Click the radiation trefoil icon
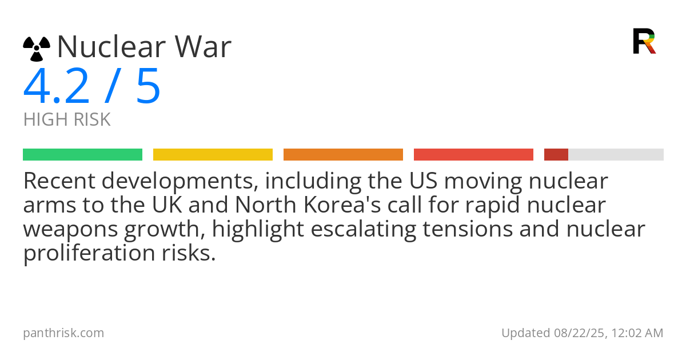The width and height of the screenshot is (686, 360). pyautogui.click(x=37, y=49)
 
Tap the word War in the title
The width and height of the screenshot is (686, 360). pyautogui.click(x=203, y=46)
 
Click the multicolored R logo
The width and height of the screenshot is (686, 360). pyautogui.click(x=644, y=41)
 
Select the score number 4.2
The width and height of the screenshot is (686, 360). pyautogui.click(x=57, y=86)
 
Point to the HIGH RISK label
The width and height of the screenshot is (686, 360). pyautogui.click(x=67, y=119)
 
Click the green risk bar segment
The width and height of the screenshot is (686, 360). pyautogui.click(x=83, y=155)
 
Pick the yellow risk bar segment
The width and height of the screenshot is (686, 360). pyautogui.click(x=213, y=155)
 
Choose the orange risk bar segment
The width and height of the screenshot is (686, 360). pyautogui.click(x=344, y=155)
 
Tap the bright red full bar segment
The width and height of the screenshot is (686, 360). pyautogui.click(x=473, y=155)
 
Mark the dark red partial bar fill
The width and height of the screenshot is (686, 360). pyautogui.click(x=556, y=155)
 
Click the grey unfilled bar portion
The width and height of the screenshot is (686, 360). pyautogui.click(x=616, y=155)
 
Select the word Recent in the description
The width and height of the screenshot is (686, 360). pyautogui.click(x=59, y=181)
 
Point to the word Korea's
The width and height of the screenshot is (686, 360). pyautogui.click(x=342, y=205)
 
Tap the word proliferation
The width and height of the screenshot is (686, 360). pyautogui.click(x=89, y=253)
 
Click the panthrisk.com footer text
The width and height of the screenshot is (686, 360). pyautogui.click(x=63, y=333)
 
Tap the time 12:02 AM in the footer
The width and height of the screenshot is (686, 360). pyautogui.click(x=637, y=333)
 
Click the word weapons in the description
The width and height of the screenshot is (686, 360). pyautogui.click(x=70, y=230)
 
